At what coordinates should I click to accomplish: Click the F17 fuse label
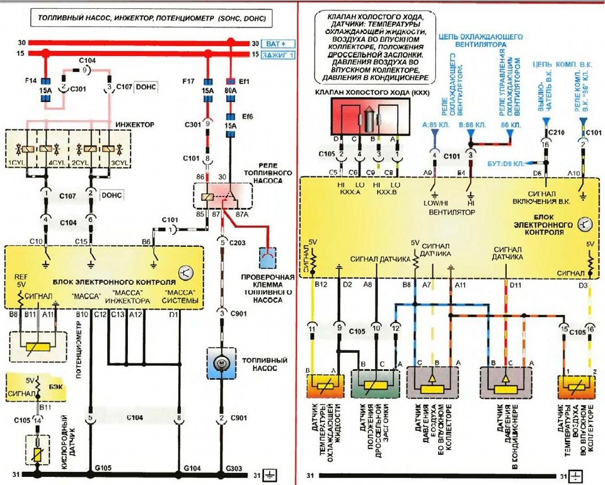(x=188, y=82)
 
